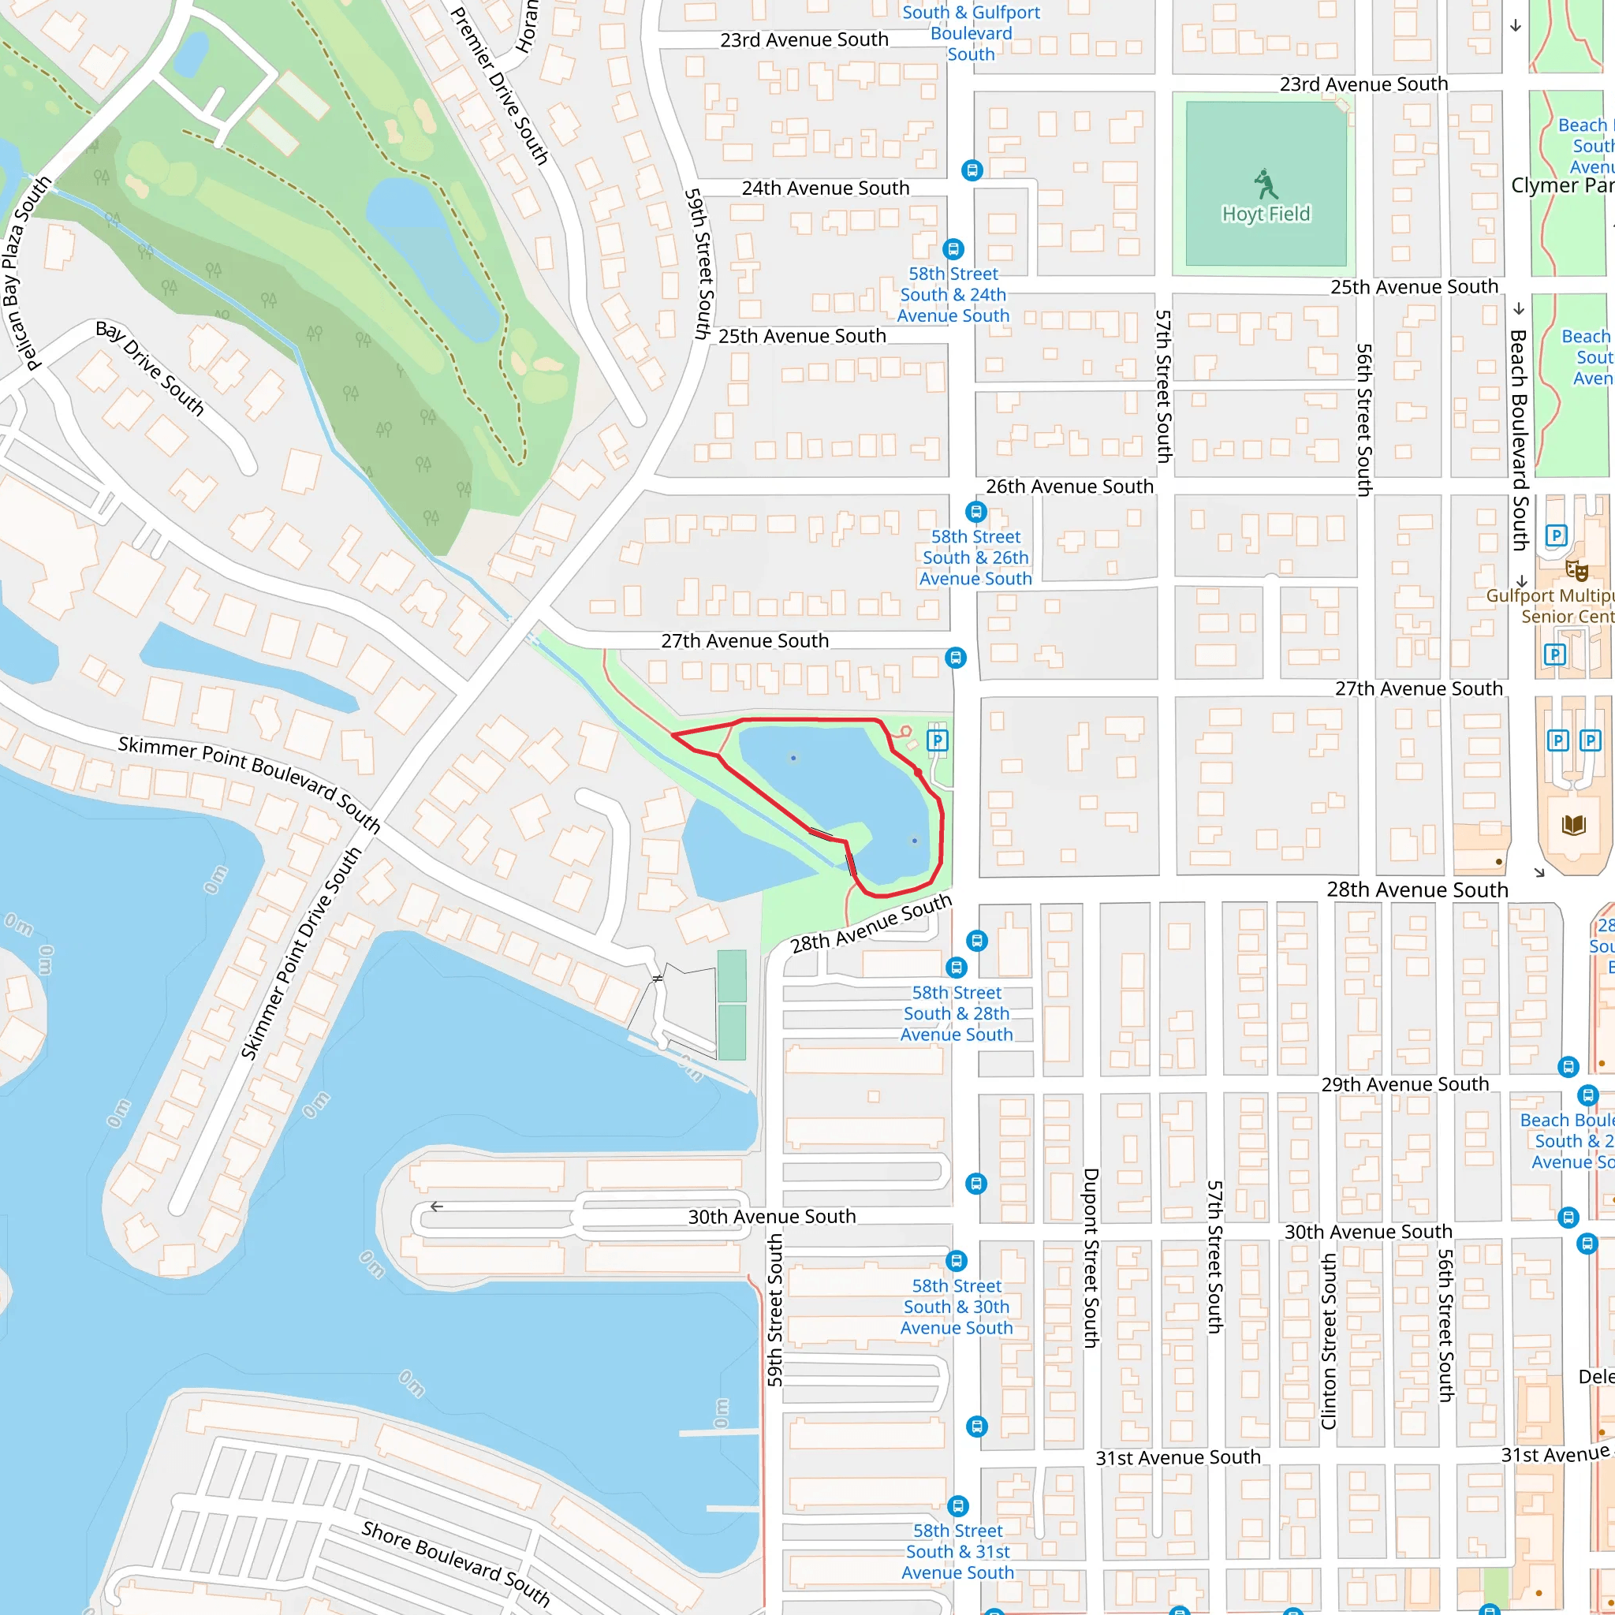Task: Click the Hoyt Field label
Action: pyautogui.click(x=1266, y=214)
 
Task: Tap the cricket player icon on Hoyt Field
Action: pyautogui.click(x=1266, y=183)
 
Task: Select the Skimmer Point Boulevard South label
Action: pyautogui.click(x=249, y=783)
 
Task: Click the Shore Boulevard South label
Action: pyautogui.click(x=457, y=1562)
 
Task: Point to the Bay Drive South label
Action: pyautogui.click(x=151, y=367)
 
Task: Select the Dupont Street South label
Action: pyautogui.click(x=1090, y=1257)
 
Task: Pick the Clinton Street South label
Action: pyautogui.click(x=1328, y=1341)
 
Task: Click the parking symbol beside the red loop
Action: pyautogui.click(x=937, y=740)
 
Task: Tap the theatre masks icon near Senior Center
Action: pyautogui.click(x=1576, y=571)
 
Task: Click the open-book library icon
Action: pyautogui.click(x=1573, y=826)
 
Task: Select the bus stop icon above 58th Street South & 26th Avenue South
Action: pyautogui.click(x=975, y=512)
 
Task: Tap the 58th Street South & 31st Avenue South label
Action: pyautogui.click(x=957, y=1551)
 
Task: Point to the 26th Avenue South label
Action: pyautogui.click(x=1069, y=487)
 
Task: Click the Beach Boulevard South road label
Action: pyautogui.click(x=1519, y=440)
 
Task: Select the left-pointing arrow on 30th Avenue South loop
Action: pyautogui.click(x=436, y=1207)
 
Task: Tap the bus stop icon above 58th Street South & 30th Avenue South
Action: pyautogui.click(x=957, y=1261)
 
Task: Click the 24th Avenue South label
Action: pyautogui.click(x=825, y=188)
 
